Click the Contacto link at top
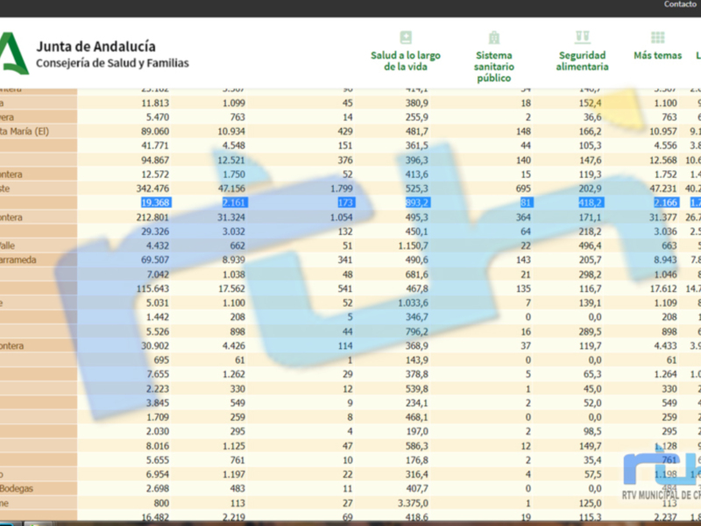[680, 4]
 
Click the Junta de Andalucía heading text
[96, 46]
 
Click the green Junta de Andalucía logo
[12, 53]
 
